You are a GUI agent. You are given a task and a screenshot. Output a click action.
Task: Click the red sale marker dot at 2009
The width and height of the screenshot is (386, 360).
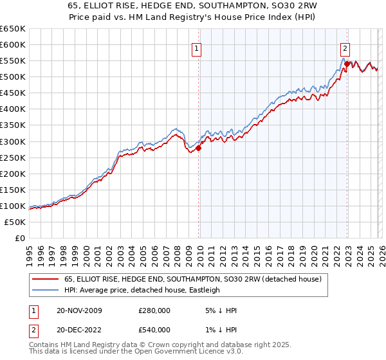pyautogui.click(x=198, y=148)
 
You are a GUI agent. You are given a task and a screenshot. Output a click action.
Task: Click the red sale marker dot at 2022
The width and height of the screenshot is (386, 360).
pyautogui.click(x=347, y=64)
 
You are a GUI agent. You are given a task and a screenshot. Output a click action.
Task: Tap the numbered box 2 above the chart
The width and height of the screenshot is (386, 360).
pyautogui.click(x=345, y=47)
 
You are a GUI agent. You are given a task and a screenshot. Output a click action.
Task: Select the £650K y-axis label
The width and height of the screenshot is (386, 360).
pyautogui.click(x=13, y=29)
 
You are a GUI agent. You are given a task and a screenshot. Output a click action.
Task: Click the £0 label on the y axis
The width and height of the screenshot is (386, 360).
pyautogui.click(x=19, y=239)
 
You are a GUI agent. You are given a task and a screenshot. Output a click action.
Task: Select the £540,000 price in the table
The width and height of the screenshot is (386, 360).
pyautogui.click(x=154, y=330)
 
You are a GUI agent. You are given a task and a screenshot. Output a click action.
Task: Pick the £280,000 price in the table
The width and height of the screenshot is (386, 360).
pyautogui.click(x=154, y=310)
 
